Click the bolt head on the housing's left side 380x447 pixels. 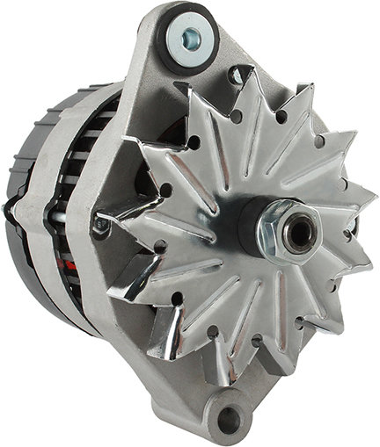coord(103,226)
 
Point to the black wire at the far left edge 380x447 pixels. coord(7,211)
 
